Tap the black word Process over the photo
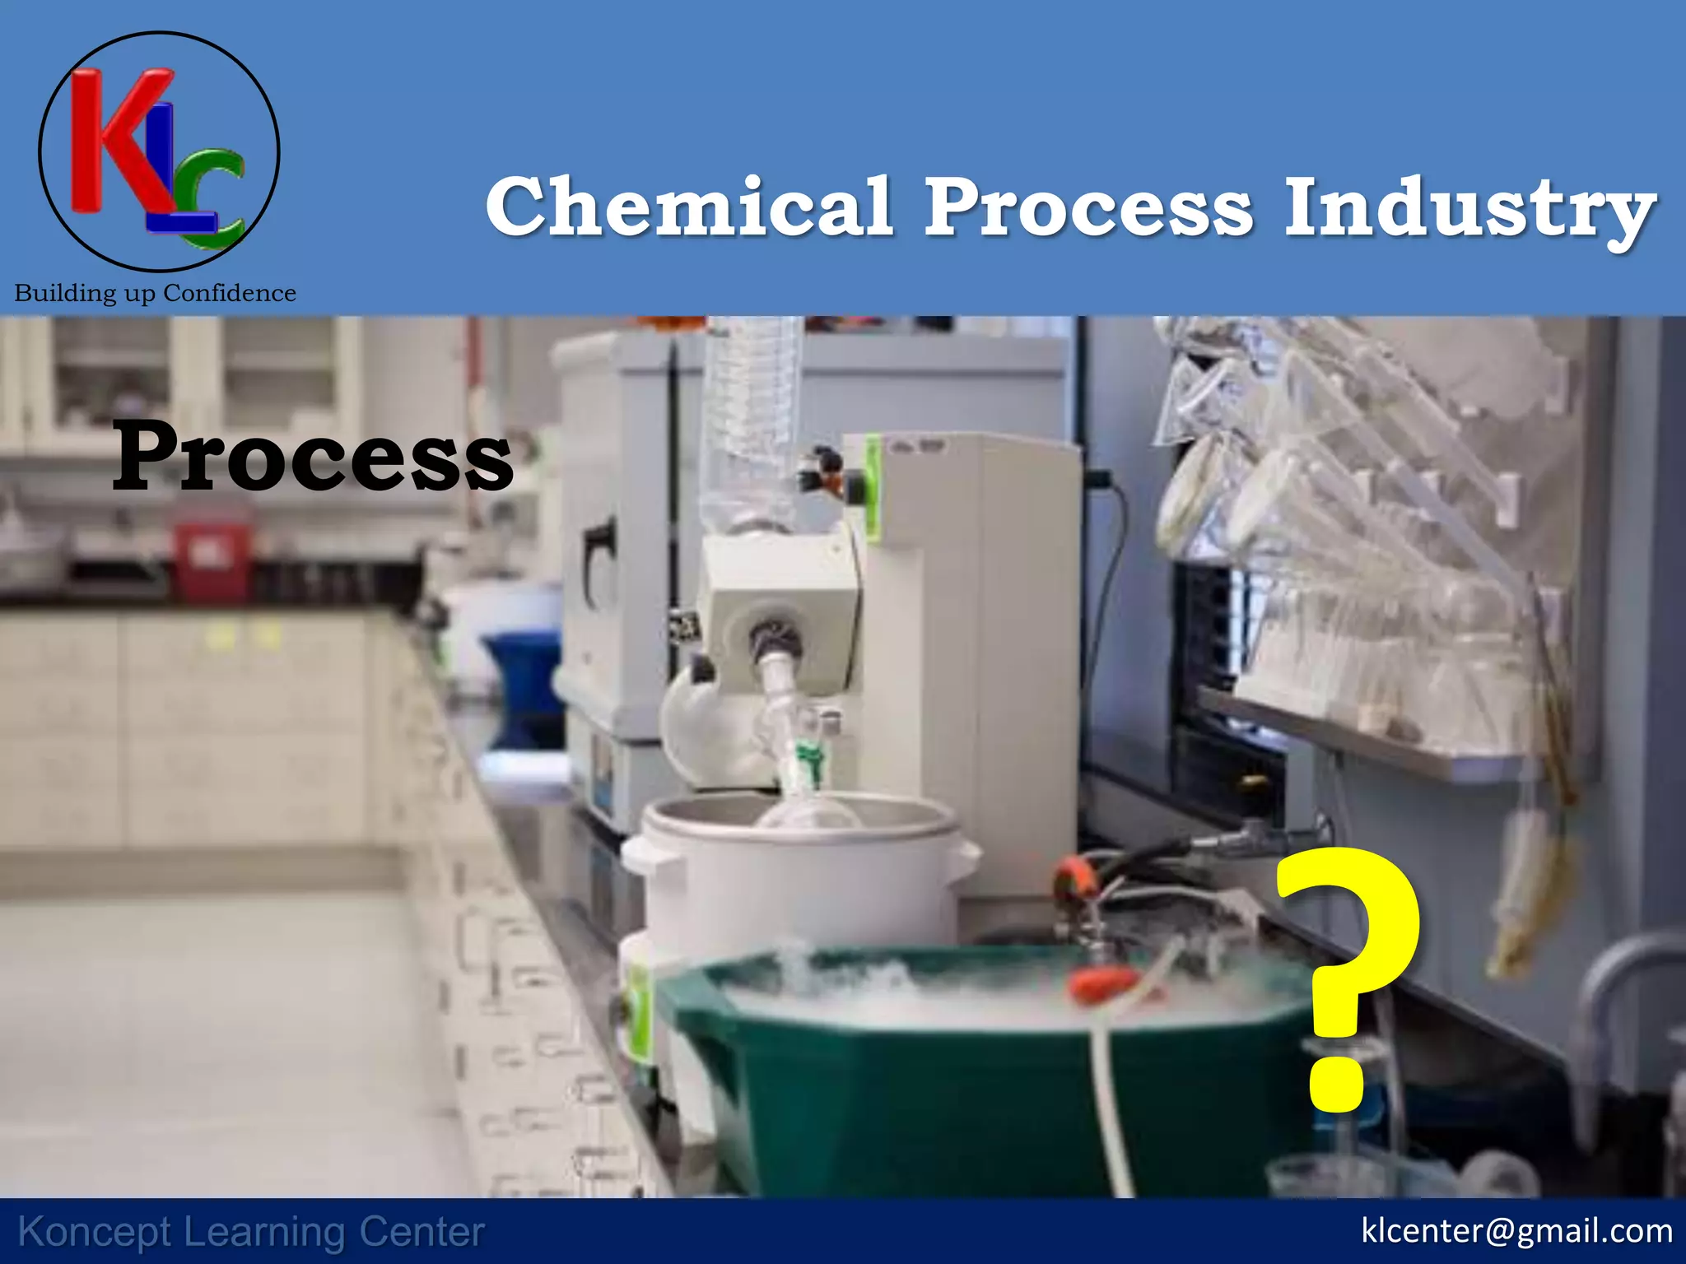313,458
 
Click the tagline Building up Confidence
156,293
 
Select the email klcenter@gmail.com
1516,1231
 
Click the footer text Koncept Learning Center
251,1232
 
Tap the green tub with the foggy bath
947,1094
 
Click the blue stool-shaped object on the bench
522,683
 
